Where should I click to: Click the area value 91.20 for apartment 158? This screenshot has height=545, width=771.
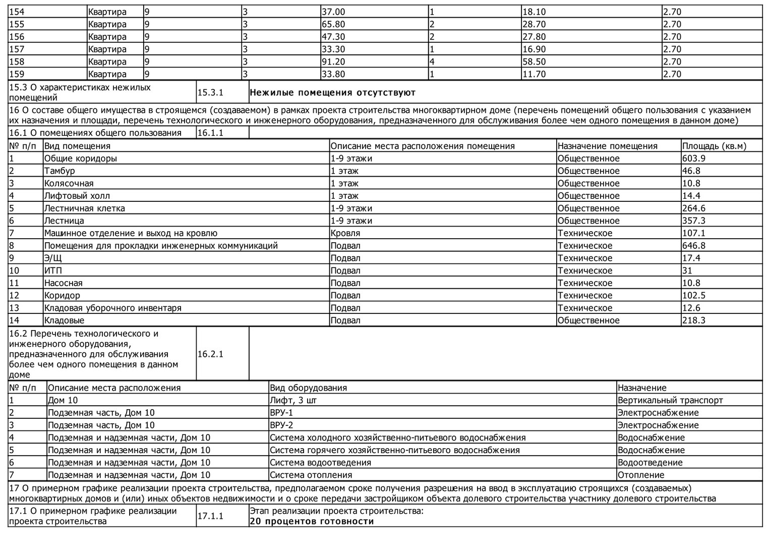tap(333, 62)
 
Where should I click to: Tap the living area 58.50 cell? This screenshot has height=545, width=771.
tap(534, 62)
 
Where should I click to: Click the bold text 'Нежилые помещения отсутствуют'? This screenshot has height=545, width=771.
tap(332, 93)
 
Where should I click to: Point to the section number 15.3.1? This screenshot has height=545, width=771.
tap(210, 93)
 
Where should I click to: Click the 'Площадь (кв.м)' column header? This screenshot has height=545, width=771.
tap(714, 146)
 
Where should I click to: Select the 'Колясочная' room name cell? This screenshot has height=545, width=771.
tap(69, 183)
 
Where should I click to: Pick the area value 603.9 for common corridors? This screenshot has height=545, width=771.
tap(693, 158)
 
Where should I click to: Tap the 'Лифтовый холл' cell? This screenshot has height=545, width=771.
tap(77, 196)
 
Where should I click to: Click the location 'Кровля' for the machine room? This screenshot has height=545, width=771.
tap(345, 233)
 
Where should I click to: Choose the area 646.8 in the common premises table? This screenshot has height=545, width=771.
tap(693, 246)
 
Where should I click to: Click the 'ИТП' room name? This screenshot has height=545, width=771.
tap(53, 270)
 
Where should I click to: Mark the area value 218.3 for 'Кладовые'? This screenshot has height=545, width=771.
tap(693, 320)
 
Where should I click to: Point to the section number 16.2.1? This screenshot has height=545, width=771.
tap(210, 354)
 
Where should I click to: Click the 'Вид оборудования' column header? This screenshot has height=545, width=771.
tap(308, 388)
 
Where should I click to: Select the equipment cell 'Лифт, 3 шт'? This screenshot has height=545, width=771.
tap(293, 400)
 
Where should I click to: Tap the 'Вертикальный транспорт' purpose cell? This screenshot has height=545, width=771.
tap(670, 400)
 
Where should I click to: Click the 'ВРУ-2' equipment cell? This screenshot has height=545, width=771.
tap(281, 425)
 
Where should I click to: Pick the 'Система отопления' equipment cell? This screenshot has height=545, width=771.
tap(311, 475)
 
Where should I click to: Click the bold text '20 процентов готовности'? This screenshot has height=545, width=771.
tap(312, 521)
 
